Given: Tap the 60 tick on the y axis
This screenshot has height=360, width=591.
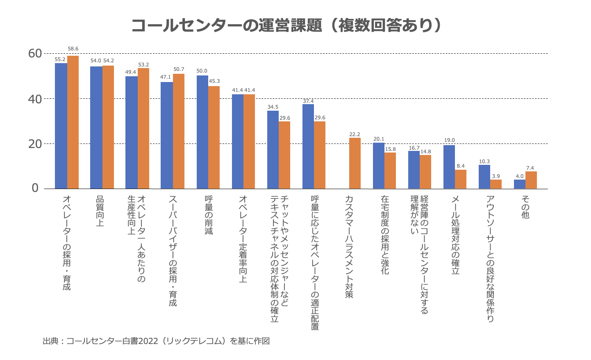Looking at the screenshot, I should (35, 53).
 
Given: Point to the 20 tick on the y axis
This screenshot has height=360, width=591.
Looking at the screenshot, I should (35, 144).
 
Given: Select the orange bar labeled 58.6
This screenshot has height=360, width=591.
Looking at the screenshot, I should (73, 122).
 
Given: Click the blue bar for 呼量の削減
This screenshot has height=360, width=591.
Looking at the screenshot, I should (202, 132).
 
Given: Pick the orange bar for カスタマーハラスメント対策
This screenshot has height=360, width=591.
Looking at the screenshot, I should (355, 163).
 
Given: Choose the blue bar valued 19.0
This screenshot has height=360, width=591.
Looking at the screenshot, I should (449, 167).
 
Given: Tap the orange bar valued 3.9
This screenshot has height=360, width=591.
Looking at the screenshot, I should (496, 184).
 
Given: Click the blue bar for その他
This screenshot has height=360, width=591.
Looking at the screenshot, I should (520, 184).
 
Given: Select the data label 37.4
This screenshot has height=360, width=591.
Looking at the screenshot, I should (308, 101).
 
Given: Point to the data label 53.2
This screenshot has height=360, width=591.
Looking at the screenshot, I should (143, 65).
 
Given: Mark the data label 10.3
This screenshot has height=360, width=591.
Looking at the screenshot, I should (484, 162).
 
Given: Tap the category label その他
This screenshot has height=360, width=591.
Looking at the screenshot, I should (525, 207).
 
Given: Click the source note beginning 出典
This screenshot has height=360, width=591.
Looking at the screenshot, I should (156, 341).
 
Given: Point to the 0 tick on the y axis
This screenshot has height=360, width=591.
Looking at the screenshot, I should (35, 188).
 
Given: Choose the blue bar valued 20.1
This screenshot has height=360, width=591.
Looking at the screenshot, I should (379, 166).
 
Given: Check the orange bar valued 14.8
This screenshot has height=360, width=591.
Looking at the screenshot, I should (425, 172).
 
